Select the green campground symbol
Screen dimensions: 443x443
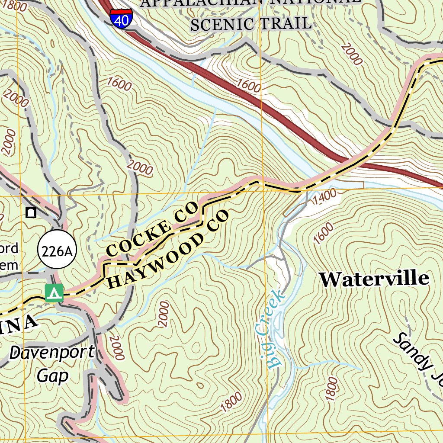pyautogui.click(x=54, y=293)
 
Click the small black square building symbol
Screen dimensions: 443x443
pyautogui.click(x=31, y=212)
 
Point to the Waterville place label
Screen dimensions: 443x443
pyautogui.click(x=374, y=279)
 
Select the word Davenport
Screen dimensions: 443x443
pyautogui.click(x=51, y=353)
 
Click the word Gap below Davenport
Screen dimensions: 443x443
pyautogui.click(x=52, y=376)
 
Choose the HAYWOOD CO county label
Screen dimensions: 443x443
pyautogui.click(x=167, y=250)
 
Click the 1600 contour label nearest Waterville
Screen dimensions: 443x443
pyautogui.click(x=324, y=233)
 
